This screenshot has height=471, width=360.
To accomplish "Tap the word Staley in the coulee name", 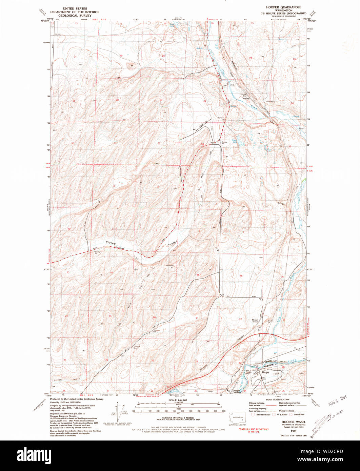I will (111, 243).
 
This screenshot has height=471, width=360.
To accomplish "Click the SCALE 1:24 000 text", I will (178, 400).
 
